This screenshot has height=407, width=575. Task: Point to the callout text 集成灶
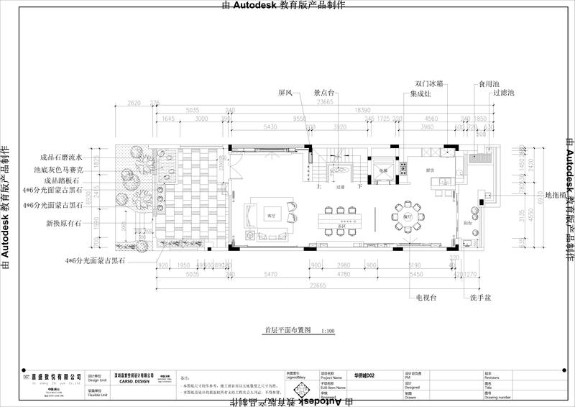coord(421,93)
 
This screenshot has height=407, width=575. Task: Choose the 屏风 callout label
coord(285,93)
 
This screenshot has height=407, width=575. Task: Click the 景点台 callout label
coord(326,93)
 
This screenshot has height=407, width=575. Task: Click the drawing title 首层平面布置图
coord(287,331)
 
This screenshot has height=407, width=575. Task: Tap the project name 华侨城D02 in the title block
coord(364,375)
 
